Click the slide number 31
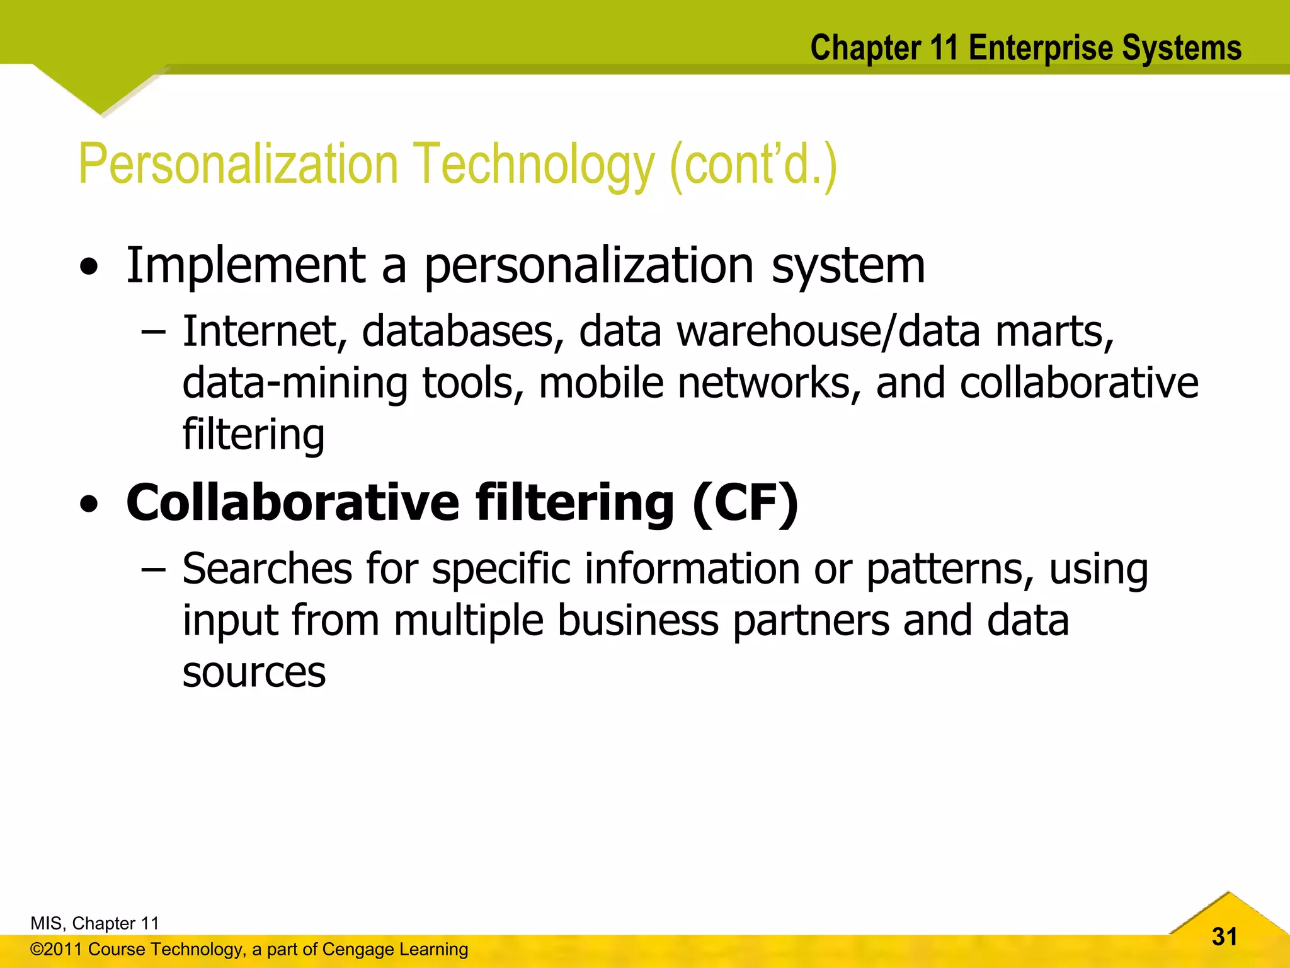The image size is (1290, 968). [x=1224, y=936]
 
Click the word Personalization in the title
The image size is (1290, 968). [x=238, y=164]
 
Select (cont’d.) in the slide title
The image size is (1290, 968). [x=753, y=164]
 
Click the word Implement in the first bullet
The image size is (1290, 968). [x=246, y=266]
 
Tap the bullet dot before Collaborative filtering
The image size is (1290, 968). [x=89, y=504]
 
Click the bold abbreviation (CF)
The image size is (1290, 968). [x=745, y=503]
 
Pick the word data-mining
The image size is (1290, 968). [x=295, y=383]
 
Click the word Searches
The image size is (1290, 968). [x=267, y=569]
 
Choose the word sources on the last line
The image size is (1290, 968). [x=254, y=672]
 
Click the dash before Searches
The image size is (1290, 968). [x=153, y=569]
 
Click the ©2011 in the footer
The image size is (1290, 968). [x=56, y=949]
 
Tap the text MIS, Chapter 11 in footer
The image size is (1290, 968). [x=94, y=923]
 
